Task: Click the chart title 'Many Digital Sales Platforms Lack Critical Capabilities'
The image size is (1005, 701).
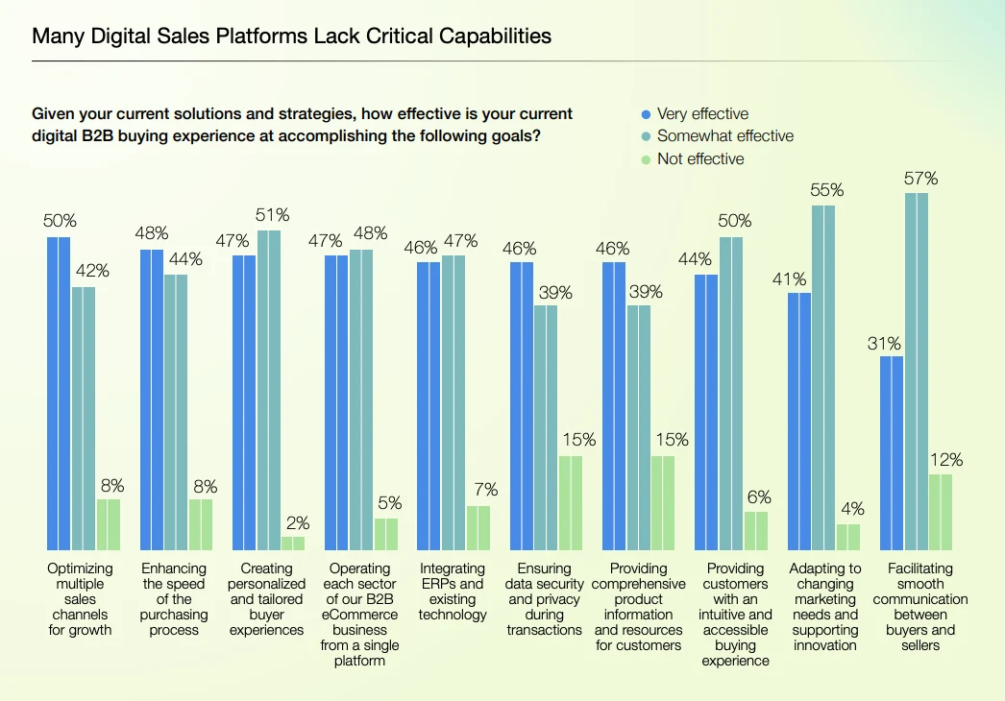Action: point(292,36)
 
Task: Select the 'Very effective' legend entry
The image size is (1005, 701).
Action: point(695,114)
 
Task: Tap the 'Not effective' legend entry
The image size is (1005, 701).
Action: point(693,158)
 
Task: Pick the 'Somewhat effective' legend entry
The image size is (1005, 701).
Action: point(717,135)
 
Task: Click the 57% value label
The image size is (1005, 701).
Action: point(921,179)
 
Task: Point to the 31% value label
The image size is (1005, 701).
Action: point(885,344)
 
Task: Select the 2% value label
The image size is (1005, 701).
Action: point(298,522)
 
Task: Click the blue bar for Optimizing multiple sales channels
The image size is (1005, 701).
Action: point(59,394)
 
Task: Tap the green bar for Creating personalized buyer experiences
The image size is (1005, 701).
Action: point(293,544)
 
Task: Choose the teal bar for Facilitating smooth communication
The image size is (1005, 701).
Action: point(917,372)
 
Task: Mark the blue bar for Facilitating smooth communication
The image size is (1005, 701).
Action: point(892,453)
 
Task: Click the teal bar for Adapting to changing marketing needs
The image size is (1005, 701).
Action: point(823,377)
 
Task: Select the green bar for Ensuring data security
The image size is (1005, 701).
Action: point(571,503)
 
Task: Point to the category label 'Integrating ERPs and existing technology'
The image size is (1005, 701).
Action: point(453,592)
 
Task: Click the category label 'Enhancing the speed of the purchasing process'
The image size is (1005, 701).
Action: point(174,599)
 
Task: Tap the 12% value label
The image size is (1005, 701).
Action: point(946,459)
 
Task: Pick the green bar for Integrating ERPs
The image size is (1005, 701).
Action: point(478,528)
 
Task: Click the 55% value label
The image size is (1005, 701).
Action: point(827,190)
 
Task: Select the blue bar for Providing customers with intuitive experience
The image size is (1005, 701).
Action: point(706,412)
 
